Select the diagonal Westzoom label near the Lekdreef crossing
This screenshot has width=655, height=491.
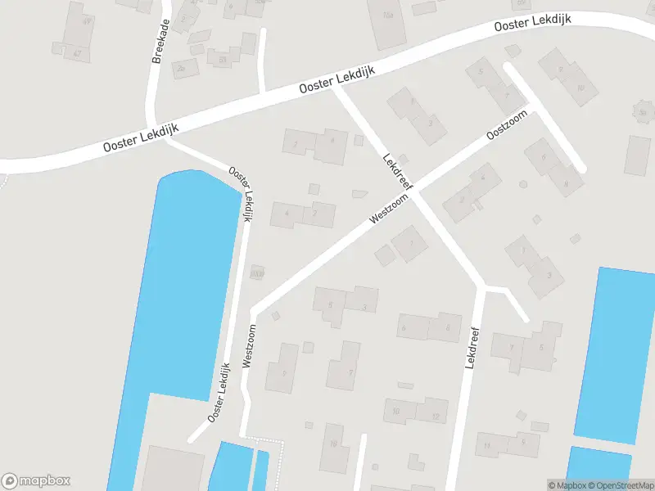(388, 209)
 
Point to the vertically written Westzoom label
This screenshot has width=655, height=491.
(250, 348)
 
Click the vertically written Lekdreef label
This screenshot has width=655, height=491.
(472, 347)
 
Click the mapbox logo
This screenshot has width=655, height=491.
(36, 481)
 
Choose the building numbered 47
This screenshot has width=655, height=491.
(79, 53)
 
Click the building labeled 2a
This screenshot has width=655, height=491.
(181, 69)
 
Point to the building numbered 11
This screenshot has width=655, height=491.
(489, 445)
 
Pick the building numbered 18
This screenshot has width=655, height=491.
(334, 444)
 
